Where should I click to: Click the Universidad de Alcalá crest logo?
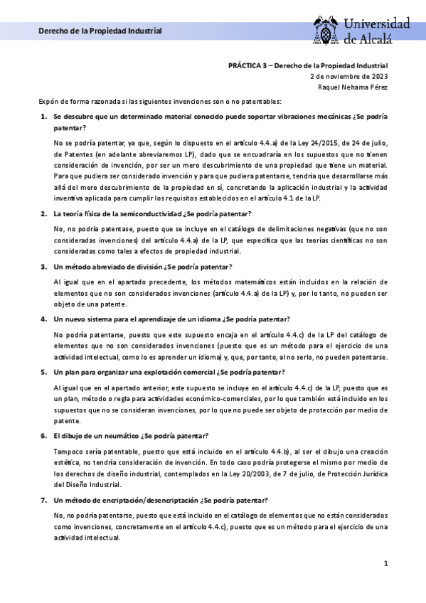pyautogui.click(x=328, y=30)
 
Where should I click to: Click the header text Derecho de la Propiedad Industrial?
pyautogui.click(x=100, y=31)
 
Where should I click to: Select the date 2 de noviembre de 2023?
pyautogui.click(x=349, y=75)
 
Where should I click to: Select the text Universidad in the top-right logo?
pyautogui.click(x=378, y=23)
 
